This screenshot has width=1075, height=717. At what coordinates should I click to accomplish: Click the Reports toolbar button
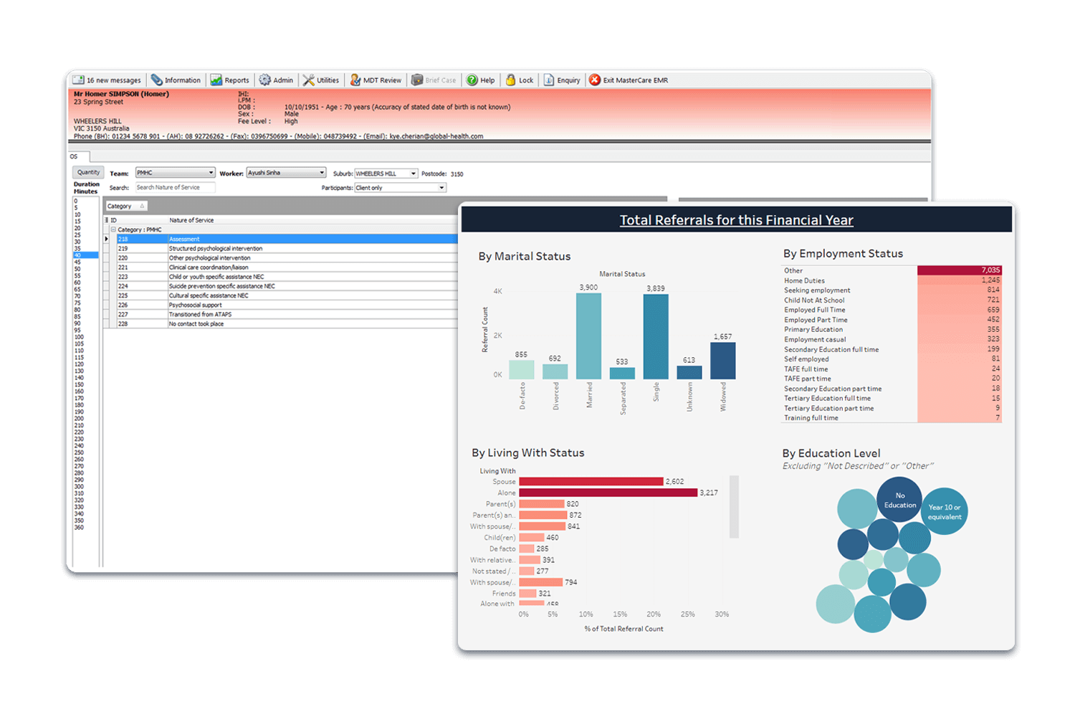pyautogui.click(x=230, y=80)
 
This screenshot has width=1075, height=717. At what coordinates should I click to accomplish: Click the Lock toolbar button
pyautogui.click(x=520, y=80)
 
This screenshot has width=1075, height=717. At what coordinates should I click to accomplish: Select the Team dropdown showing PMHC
pyautogui.click(x=175, y=173)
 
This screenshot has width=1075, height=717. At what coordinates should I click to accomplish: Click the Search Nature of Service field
pyautogui.click(x=175, y=188)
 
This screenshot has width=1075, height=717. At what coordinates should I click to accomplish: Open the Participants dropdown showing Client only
pyautogui.click(x=401, y=188)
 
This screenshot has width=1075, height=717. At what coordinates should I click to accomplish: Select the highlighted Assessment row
pyautogui.click(x=287, y=239)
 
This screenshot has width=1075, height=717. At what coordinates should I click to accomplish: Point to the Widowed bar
pyautogui.click(x=722, y=361)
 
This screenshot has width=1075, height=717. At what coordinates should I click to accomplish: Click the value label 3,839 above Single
pyautogui.click(x=655, y=288)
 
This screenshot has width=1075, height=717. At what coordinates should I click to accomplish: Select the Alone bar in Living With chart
pyautogui.click(x=608, y=493)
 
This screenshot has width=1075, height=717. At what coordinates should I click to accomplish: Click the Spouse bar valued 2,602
pyautogui.click(x=591, y=482)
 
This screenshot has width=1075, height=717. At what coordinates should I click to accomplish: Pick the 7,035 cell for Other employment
pyautogui.click(x=959, y=270)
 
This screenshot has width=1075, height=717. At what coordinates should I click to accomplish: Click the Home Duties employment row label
pyautogui.click(x=804, y=280)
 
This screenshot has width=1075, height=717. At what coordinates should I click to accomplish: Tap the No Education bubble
pyautogui.click(x=899, y=500)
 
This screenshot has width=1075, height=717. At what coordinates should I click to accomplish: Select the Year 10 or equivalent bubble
pyautogui.click(x=944, y=511)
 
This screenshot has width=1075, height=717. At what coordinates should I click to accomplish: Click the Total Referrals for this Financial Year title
pyautogui.click(x=736, y=220)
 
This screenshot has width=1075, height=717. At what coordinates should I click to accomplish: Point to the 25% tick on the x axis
pyautogui.click(x=687, y=614)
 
